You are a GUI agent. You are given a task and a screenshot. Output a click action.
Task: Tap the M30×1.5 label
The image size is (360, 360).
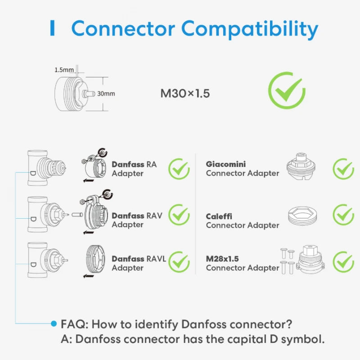(185, 94)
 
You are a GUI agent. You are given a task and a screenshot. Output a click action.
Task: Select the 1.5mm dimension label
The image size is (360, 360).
(64, 70)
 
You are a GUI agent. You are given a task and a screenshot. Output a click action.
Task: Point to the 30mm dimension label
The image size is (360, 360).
(107, 94)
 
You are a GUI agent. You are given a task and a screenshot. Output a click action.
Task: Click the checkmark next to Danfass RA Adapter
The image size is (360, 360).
(179, 169)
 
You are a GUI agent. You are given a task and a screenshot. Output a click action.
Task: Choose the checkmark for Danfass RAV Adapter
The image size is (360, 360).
(179, 215)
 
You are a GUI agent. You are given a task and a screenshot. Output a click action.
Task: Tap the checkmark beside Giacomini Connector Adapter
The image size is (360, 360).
(343, 169)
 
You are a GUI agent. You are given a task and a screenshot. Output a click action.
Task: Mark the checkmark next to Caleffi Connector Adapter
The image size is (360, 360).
(343, 215)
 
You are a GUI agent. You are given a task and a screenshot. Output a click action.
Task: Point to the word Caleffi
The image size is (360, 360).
(219, 216)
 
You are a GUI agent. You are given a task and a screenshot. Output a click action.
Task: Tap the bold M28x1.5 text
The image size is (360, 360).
(222, 259)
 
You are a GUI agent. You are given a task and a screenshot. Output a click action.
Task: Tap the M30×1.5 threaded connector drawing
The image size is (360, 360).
(72, 94)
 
